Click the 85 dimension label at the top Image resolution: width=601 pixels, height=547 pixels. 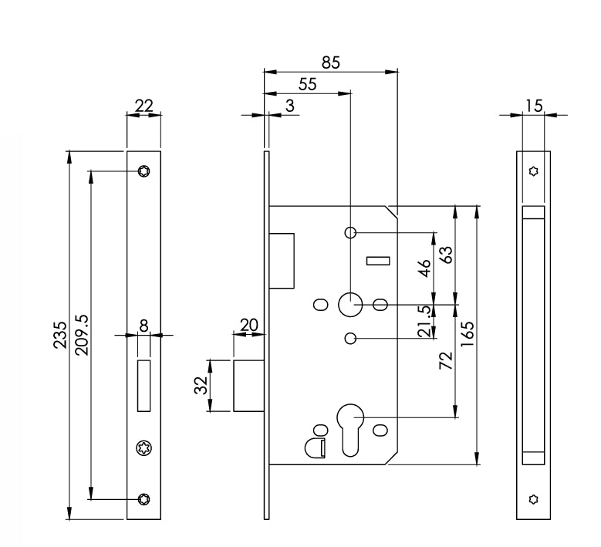click(x=330, y=62)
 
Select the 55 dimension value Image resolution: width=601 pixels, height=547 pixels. click(x=307, y=85)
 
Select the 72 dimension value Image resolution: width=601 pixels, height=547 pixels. click(x=446, y=362)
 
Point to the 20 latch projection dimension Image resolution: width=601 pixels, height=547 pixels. click(x=248, y=326)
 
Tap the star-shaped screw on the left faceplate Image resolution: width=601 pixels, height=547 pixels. click(x=143, y=447)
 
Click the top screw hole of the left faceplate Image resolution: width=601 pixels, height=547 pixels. click(x=144, y=171)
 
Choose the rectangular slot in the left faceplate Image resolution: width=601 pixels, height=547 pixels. click(x=143, y=384)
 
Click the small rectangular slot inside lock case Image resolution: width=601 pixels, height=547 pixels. click(x=378, y=262)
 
